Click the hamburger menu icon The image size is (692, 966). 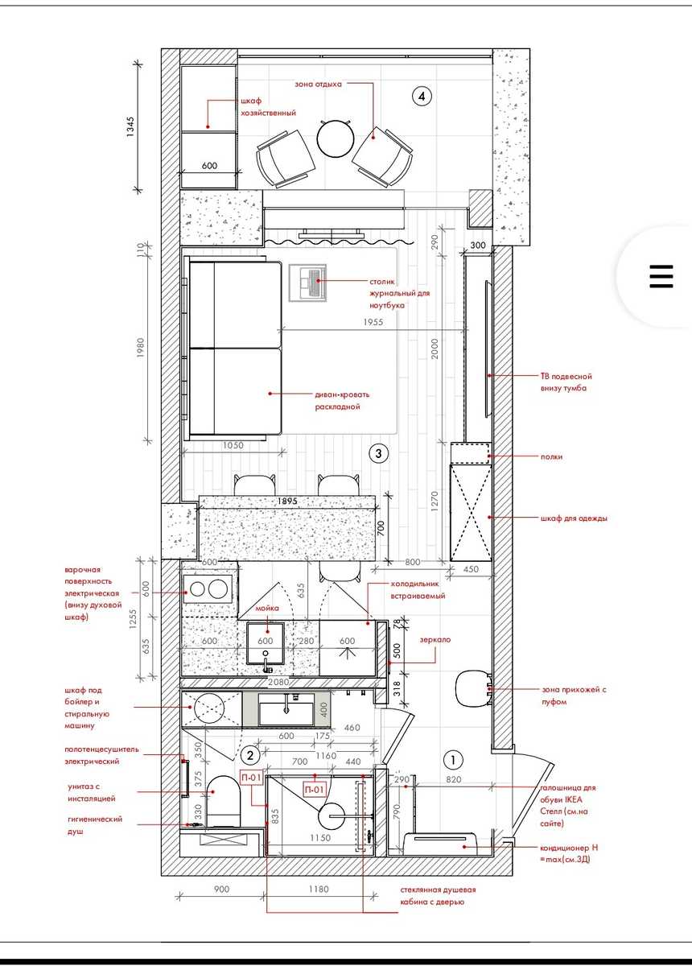pyautogui.click(x=661, y=276)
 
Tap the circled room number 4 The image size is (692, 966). pyautogui.click(x=422, y=96)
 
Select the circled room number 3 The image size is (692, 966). pyautogui.click(x=378, y=453)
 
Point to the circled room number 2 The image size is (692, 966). pyautogui.click(x=250, y=755)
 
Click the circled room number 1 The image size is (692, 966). pyautogui.click(x=453, y=759)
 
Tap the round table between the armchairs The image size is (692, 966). pyautogui.click(x=336, y=138)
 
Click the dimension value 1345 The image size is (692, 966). pyautogui.click(x=130, y=127)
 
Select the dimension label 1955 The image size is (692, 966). pyautogui.click(x=373, y=322)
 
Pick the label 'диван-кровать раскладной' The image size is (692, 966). pyautogui.click(x=342, y=401)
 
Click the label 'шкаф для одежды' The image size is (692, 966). pyautogui.click(x=574, y=518)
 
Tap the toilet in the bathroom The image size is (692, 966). pyautogui.click(x=224, y=802)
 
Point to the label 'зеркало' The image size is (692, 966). pyautogui.click(x=435, y=639)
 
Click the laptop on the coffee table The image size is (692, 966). pyautogui.click(x=312, y=281)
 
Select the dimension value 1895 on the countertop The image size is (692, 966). pyautogui.click(x=286, y=501)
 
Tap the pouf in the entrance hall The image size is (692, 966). pyautogui.click(x=473, y=689)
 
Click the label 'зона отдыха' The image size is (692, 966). pyautogui.click(x=318, y=84)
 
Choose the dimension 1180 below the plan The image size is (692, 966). pyautogui.click(x=319, y=889)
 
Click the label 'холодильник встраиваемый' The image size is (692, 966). pyautogui.click(x=418, y=590)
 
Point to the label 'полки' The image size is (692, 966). pyautogui.click(x=551, y=456)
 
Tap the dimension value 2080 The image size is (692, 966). pyautogui.click(x=278, y=683)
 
